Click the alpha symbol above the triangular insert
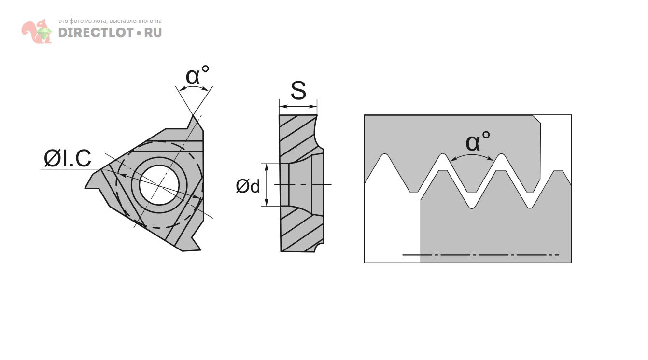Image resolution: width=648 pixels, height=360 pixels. point(193,77)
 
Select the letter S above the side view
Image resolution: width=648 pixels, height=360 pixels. point(298,91)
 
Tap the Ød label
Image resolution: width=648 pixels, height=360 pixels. point(248,186)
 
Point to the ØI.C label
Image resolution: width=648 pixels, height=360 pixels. point(68,159)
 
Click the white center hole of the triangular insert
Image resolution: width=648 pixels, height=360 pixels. point(159,184)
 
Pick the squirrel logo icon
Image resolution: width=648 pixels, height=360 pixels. point(37,32)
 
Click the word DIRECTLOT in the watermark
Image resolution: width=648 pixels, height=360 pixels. point(96,33)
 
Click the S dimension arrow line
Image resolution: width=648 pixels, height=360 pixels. point(298,107)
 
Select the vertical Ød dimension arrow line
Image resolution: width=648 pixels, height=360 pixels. point(267,185)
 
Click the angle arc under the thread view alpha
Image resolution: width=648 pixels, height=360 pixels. point(472,155)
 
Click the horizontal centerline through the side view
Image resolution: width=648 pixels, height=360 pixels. point(303,185)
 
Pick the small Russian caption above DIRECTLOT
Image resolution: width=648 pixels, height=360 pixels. point(110,21)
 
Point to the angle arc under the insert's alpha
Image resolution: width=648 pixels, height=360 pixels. point(194,88)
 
